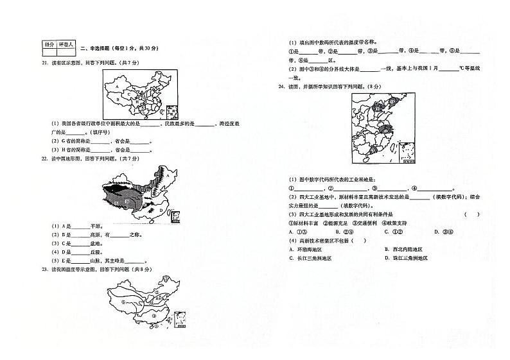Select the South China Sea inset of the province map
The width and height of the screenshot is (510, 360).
point(171,112)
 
